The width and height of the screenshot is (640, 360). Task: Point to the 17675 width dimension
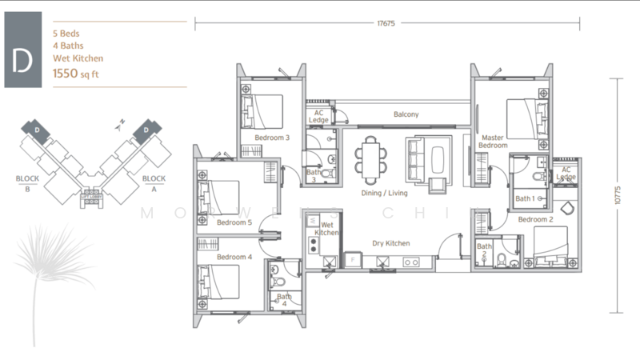pos(387,23)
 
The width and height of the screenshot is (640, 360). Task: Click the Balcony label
pos(406,114)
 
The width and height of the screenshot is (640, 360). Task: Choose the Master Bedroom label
pos(493,141)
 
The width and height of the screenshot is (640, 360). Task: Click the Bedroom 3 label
pos(272,138)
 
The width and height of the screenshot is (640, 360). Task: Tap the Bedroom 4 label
pos(234,257)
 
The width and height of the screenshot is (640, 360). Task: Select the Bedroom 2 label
pos(535,219)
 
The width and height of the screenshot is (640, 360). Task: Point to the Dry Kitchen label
pos(390,243)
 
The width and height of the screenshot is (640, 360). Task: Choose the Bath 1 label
pos(525,198)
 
